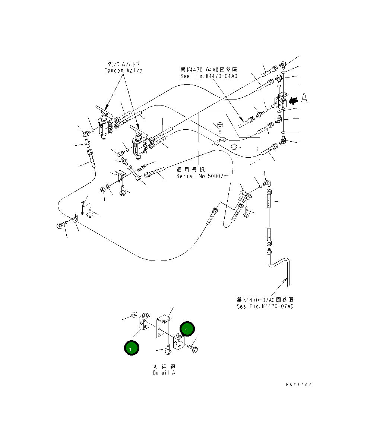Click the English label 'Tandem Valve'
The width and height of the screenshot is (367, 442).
(123, 71)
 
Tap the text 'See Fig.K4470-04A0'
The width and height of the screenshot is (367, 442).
(209, 76)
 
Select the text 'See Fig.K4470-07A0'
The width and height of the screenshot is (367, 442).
(265, 306)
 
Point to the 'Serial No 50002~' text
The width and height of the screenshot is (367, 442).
(203, 176)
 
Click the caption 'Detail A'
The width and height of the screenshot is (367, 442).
(164, 373)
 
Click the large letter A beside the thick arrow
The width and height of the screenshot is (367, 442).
(304, 98)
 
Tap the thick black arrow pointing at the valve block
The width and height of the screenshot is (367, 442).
(293, 100)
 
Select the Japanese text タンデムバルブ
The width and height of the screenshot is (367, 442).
(123, 64)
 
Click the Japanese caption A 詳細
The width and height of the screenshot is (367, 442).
(164, 366)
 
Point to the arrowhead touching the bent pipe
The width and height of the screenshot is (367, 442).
(286, 279)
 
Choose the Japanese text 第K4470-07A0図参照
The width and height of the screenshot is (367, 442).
(265, 300)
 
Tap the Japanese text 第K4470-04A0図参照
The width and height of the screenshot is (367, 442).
(209, 70)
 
